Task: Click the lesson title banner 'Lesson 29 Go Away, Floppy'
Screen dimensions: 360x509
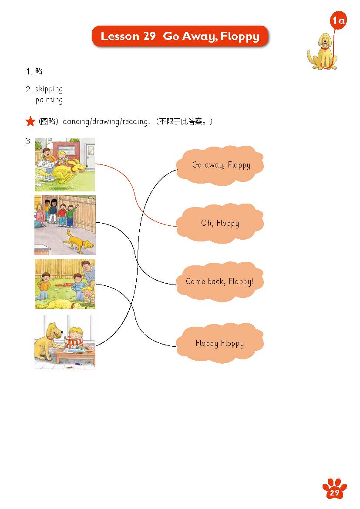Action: tap(180, 36)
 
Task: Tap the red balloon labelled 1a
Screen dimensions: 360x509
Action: tap(338, 20)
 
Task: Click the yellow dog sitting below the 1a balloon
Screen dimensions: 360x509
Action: tap(323, 51)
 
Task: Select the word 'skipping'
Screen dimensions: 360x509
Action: tap(49, 89)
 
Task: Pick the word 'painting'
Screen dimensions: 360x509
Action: tap(49, 100)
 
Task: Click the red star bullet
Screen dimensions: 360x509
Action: tap(30, 121)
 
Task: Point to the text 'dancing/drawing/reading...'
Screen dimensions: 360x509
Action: tap(107, 122)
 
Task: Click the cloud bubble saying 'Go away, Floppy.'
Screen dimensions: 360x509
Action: tap(220, 165)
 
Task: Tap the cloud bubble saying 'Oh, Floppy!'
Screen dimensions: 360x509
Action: tap(220, 223)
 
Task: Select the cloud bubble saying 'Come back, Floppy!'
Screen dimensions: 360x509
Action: tap(220, 281)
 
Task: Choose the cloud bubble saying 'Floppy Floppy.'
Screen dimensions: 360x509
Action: tap(220, 343)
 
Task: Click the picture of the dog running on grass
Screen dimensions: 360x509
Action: tap(65, 164)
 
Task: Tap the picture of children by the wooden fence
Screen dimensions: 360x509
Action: tap(65, 225)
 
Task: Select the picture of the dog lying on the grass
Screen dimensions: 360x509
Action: tap(65, 284)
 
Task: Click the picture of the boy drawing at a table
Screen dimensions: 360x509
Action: tap(65, 342)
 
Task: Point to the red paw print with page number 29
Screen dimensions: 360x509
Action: tap(334, 489)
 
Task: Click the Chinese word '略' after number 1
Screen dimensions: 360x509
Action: tap(39, 71)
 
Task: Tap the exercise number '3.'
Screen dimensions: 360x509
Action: tap(29, 141)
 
